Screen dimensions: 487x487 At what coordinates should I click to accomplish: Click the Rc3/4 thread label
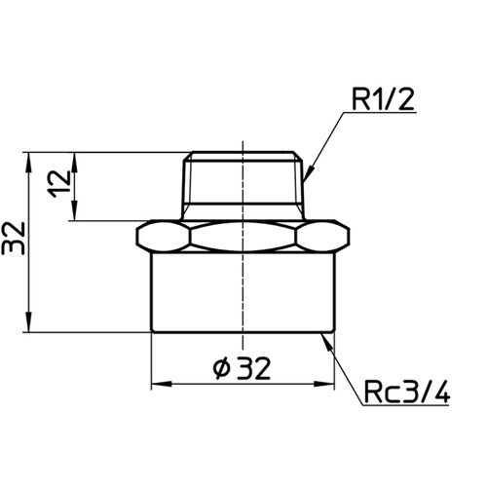[406, 392]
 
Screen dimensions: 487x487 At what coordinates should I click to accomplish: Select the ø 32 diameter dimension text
[242, 368]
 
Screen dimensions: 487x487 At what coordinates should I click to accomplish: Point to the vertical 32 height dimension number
[14, 238]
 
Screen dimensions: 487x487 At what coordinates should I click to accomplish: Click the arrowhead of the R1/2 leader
[310, 172]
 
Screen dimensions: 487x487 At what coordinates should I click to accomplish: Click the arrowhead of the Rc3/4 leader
[327, 342]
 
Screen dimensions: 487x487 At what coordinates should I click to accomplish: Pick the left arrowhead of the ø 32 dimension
[162, 384]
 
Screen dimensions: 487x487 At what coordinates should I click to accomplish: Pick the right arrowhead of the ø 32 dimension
[324, 384]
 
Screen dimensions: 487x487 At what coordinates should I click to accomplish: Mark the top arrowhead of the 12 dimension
[74, 162]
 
